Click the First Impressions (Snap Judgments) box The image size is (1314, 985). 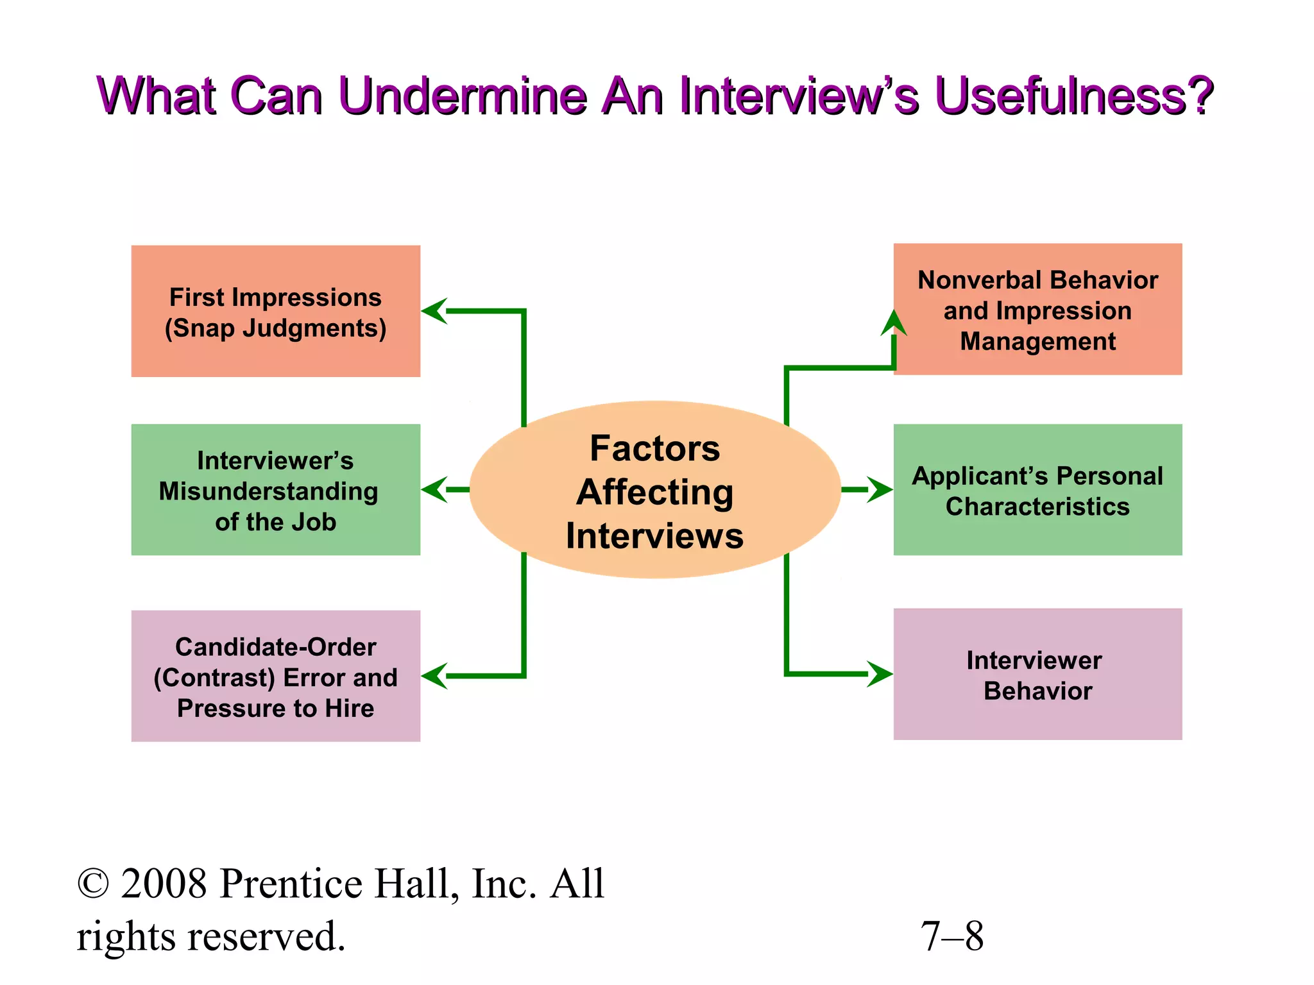click(x=275, y=311)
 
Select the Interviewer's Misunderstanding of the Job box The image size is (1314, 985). click(x=275, y=490)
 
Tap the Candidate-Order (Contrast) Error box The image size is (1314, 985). click(x=275, y=676)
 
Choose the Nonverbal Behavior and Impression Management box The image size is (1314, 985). click(x=1037, y=309)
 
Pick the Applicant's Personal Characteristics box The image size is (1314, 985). click(x=1037, y=490)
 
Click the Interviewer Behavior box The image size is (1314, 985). click(x=1037, y=675)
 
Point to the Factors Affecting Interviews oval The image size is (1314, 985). click(x=654, y=490)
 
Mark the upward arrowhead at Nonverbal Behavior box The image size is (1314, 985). click(x=894, y=323)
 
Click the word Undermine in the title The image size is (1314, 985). click(x=462, y=96)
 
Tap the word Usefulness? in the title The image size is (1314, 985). click(x=1073, y=96)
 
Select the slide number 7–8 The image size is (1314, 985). click(x=951, y=936)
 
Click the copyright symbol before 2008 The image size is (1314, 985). click(x=93, y=884)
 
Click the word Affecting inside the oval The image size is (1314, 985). click(x=654, y=492)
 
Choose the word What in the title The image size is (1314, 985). click(x=157, y=96)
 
